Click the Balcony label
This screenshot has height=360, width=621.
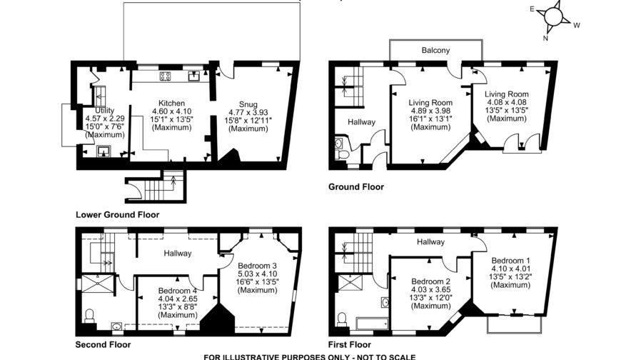(x=435, y=51)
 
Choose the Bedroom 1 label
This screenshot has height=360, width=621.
(x=510, y=261)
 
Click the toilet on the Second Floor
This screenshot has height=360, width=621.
(x=89, y=315)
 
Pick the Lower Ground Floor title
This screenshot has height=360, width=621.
(x=117, y=214)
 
